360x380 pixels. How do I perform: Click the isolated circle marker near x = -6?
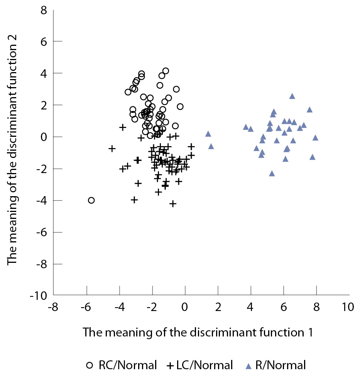pyautogui.click(x=91, y=200)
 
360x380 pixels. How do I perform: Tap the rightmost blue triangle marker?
pyautogui.click(x=315, y=137)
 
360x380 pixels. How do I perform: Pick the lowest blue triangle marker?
pyautogui.click(x=272, y=173)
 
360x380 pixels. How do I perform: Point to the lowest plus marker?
pyautogui.click(x=173, y=203)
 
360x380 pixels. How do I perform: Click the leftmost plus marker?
pyautogui.click(x=112, y=148)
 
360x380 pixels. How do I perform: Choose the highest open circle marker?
pyautogui.click(x=166, y=71)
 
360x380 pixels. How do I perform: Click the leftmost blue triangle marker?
pyautogui.click(x=208, y=134)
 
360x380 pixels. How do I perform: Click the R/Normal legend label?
pyautogui.click(x=284, y=365)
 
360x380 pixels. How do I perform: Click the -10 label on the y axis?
pyautogui.click(x=39, y=295)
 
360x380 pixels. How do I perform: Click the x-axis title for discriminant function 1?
pyautogui.click(x=198, y=332)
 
